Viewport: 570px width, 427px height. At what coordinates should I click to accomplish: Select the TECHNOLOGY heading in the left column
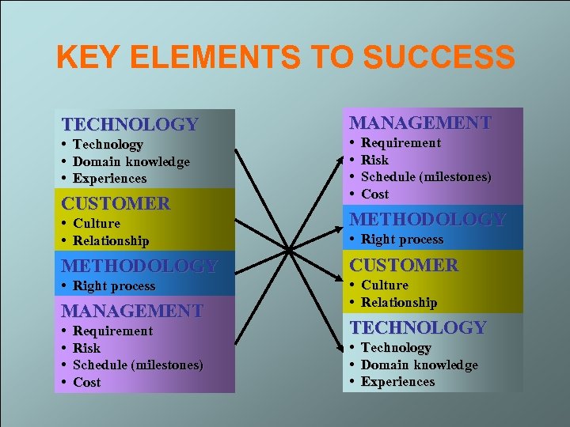(x=130, y=124)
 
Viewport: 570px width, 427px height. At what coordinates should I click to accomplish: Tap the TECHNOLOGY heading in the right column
(x=418, y=327)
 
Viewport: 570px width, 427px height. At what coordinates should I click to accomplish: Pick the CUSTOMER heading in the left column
(x=116, y=203)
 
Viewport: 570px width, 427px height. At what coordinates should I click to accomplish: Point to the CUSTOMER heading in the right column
(x=404, y=265)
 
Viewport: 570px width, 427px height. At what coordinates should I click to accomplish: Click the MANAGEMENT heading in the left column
(x=132, y=311)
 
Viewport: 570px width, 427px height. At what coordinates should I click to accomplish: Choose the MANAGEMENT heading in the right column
(x=420, y=123)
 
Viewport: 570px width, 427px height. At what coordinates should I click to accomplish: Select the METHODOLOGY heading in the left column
(x=139, y=266)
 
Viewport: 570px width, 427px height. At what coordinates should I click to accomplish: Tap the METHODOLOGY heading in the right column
(x=427, y=219)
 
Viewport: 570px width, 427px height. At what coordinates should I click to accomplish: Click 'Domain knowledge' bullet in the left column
(x=131, y=161)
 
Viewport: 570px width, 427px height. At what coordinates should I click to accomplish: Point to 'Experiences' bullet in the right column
(x=397, y=381)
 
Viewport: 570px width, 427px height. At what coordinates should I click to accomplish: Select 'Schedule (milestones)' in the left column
(x=138, y=365)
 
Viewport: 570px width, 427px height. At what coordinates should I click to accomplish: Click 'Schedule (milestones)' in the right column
(x=426, y=176)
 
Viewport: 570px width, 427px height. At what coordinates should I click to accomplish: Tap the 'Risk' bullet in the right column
(x=374, y=160)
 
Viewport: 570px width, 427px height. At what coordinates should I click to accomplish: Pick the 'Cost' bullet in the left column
(x=86, y=382)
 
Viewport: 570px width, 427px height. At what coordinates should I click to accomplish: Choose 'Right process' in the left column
(x=114, y=285)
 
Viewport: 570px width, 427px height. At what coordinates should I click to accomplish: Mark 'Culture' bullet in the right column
(x=385, y=285)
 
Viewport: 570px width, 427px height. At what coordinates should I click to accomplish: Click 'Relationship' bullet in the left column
(x=111, y=240)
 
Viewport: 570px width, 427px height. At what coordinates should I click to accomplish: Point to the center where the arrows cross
(x=289, y=251)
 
